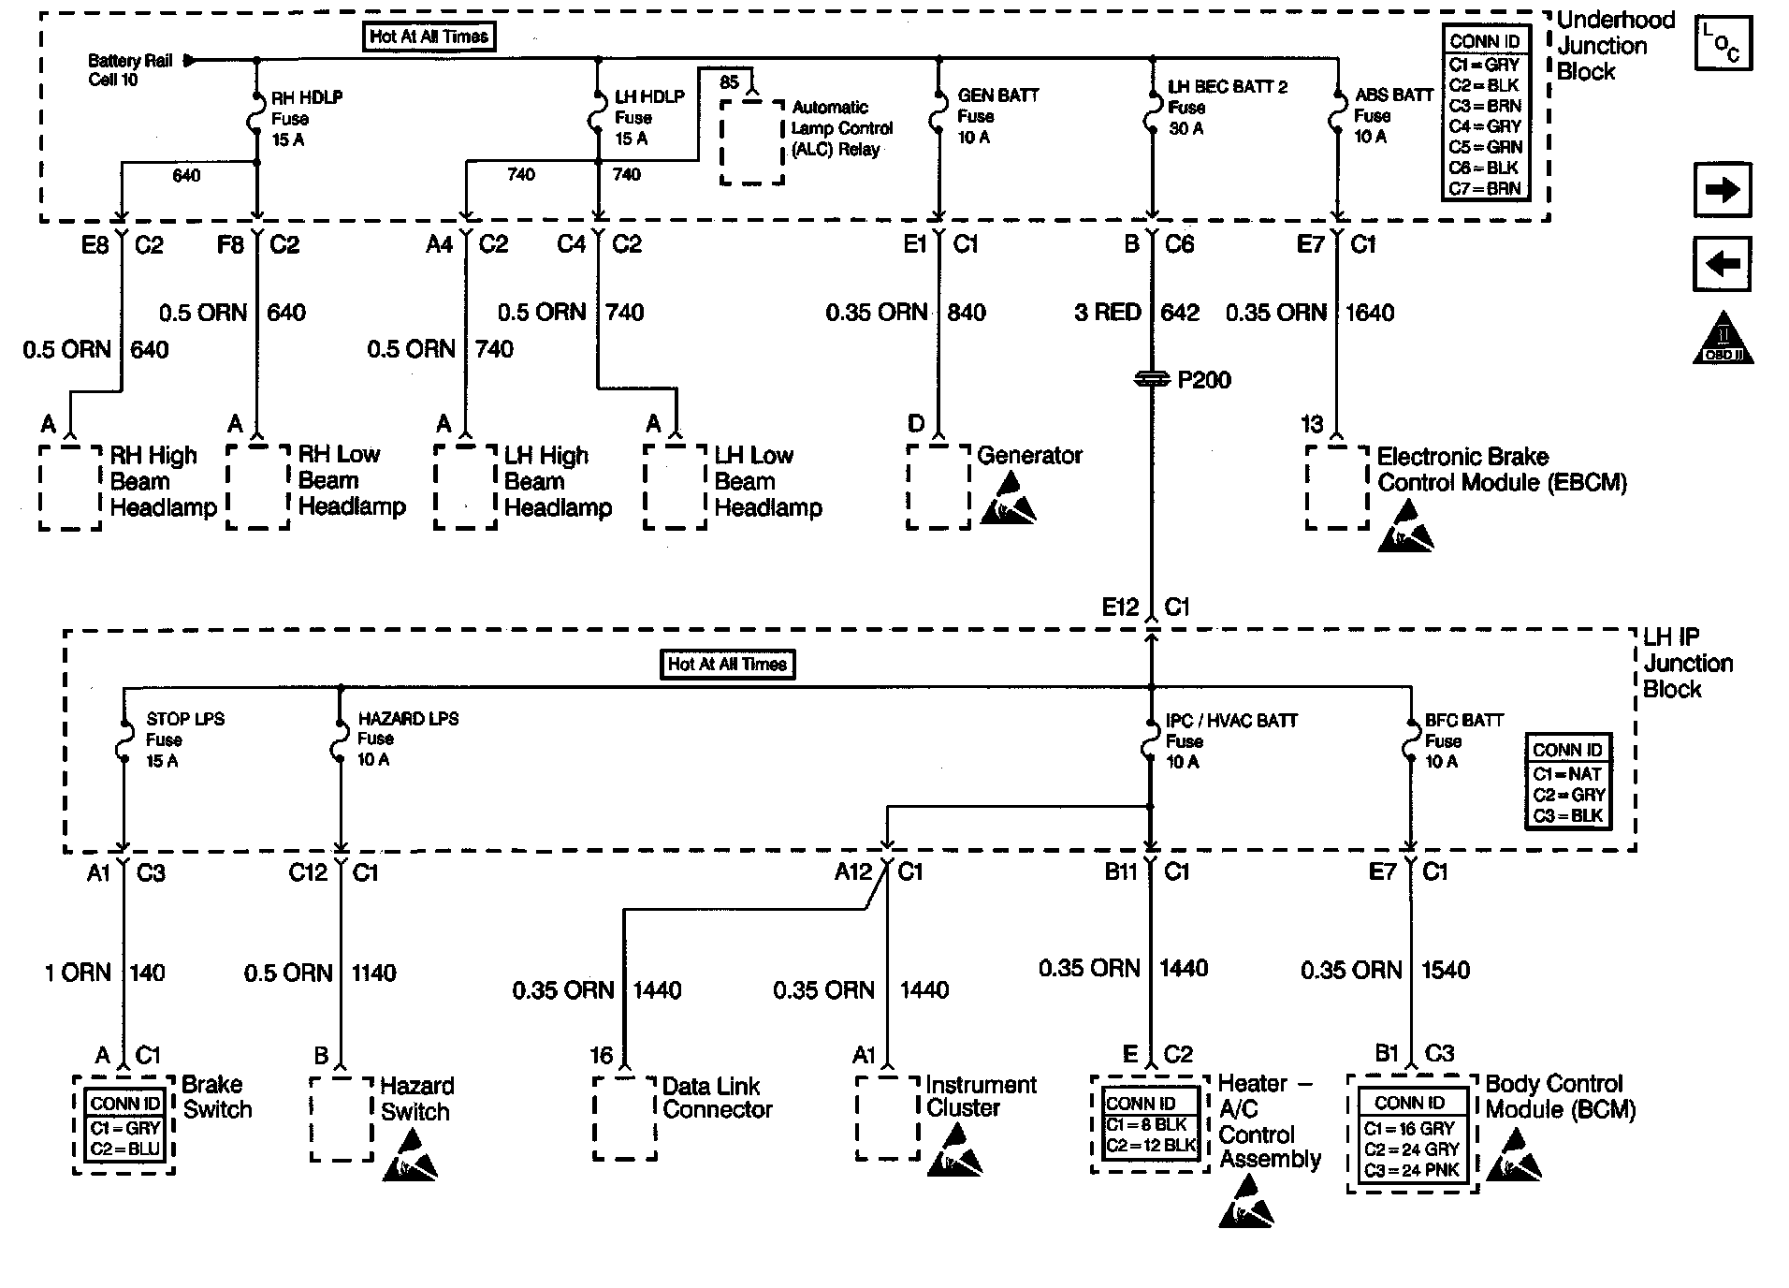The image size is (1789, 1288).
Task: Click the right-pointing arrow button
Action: pos(1722,190)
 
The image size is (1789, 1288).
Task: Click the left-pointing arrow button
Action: pos(1722,264)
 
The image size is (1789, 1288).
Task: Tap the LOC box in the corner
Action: pos(1722,43)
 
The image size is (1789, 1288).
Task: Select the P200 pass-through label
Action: pos(1203,380)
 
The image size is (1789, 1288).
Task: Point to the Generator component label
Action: pos(1029,456)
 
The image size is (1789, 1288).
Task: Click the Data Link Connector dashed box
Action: pos(625,1119)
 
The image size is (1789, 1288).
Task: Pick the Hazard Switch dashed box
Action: pos(342,1119)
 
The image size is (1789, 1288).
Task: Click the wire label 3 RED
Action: pos(1107,313)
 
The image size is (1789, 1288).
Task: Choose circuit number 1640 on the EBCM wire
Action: pos(1370,313)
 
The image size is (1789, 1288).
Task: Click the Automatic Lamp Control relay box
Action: pos(751,140)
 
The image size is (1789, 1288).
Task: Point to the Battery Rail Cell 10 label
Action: pos(130,70)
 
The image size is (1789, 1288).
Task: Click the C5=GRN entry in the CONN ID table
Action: pos(1485,147)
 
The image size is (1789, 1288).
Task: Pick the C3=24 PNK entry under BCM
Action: pos(1411,1170)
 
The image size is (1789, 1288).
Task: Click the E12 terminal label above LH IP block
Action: pos(1120,607)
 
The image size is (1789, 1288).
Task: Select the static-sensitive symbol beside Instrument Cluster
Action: pos(955,1150)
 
